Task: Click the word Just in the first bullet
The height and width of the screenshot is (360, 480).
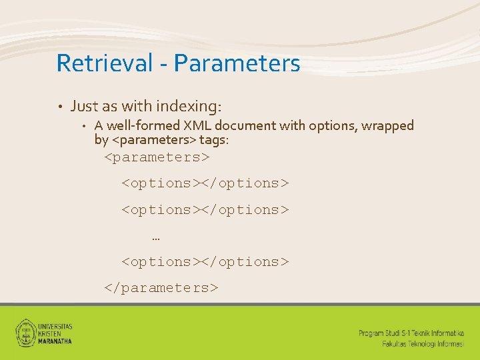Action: (x=84, y=106)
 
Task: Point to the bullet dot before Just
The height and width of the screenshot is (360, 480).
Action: (x=59, y=107)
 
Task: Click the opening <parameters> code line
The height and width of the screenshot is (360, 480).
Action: (x=157, y=157)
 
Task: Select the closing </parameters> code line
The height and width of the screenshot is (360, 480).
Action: (x=161, y=288)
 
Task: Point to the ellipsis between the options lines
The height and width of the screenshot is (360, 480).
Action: (x=156, y=237)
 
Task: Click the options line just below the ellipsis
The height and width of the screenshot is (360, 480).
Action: (x=205, y=262)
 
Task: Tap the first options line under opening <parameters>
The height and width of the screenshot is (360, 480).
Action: (x=205, y=183)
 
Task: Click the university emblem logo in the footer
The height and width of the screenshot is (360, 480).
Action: (x=25, y=332)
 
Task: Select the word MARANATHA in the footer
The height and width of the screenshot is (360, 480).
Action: (x=55, y=341)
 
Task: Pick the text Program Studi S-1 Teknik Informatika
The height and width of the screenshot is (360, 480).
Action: (x=411, y=333)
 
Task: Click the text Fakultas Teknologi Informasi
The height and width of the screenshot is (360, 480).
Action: (x=423, y=343)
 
